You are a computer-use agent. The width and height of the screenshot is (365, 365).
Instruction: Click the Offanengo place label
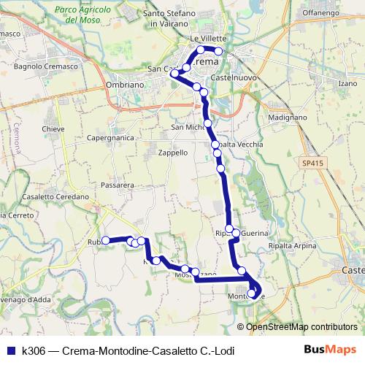(322, 13)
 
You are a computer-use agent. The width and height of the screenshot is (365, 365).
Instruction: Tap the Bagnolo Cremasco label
(40, 66)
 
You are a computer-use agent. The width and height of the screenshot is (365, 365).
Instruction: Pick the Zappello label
(174, 153)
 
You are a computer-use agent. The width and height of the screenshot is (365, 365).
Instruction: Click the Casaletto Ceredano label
(55, 197)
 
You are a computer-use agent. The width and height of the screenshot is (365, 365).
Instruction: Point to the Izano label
(347, 84)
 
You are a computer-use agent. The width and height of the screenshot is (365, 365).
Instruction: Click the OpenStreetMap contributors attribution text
(302, 326)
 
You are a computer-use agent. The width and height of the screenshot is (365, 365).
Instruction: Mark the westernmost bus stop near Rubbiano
(105, 240)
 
